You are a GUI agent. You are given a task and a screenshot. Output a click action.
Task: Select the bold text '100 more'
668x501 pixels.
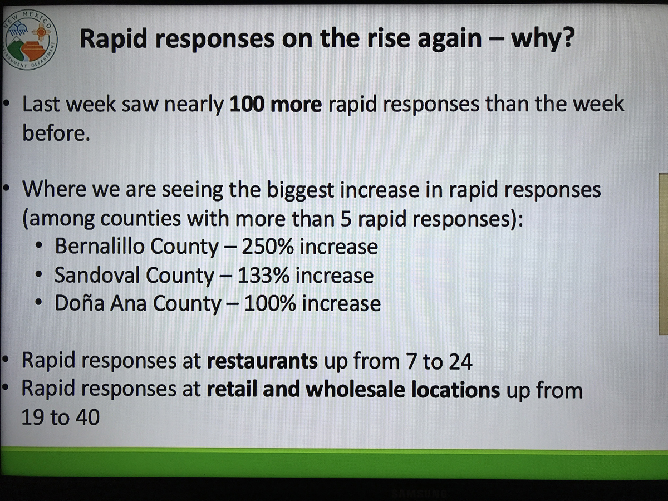point(276,104)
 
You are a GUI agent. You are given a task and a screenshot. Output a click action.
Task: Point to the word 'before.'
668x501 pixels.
point(56,133)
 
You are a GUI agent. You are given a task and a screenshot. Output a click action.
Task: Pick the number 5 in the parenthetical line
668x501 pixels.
point(346,219)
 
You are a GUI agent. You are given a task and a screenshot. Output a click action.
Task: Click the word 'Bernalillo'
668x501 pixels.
point(100,246)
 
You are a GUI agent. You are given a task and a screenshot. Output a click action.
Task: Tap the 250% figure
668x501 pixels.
point(268,247)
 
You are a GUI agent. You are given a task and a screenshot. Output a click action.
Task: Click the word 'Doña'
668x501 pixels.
point(80,303)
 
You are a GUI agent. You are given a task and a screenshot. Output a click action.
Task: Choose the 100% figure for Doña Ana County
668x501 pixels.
point(269,303)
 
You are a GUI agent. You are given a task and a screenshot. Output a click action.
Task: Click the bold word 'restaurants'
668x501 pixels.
point(262,361)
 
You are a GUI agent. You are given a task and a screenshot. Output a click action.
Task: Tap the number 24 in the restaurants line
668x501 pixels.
point(460,361)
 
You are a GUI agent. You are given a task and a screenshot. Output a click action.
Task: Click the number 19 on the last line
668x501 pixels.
point(32,417)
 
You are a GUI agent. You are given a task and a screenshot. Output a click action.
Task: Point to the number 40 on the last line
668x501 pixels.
point(87,417)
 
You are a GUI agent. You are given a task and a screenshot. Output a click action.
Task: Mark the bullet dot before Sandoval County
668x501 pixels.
point(38,274)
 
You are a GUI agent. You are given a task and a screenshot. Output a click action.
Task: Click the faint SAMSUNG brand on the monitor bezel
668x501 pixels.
point(419,492)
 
